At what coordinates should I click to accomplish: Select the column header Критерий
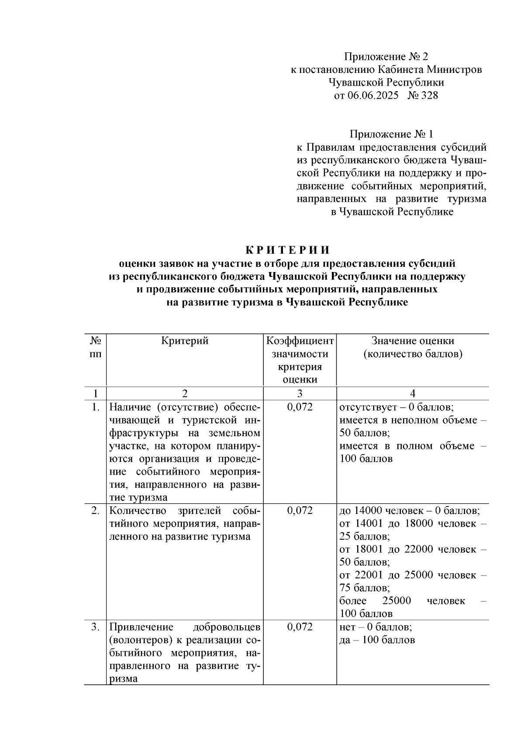(185, 341)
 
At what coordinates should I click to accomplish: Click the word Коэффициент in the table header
(300, 341)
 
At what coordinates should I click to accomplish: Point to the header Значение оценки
(412, 341)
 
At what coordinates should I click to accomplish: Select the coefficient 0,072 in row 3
(300, 627)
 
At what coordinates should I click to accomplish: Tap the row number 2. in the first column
(95, 510)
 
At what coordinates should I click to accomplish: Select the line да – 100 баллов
(377, 640)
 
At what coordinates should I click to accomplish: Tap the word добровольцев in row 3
(227, 627)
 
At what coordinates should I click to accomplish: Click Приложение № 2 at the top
(386, 56)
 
